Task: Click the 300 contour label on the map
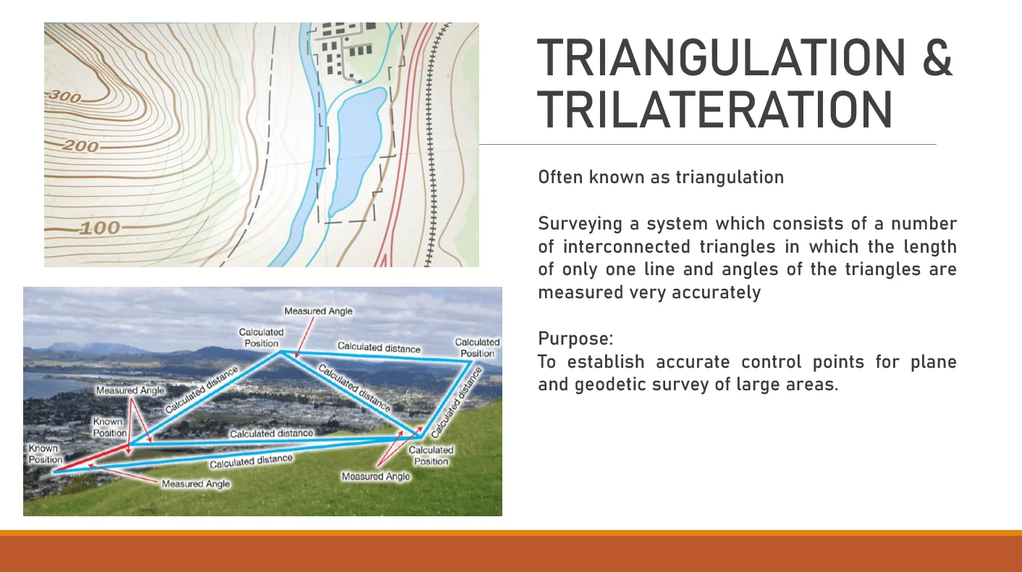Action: point(64,96)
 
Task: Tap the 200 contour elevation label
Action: point(80,146)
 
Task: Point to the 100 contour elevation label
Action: point(100,228)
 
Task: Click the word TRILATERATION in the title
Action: point(715,109)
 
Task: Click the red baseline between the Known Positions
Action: point(91,458)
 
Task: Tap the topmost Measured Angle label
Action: point(318,311)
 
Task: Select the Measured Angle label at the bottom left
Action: point(195,484)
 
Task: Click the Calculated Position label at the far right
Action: point(477,348)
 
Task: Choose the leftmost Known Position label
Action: point(45,454)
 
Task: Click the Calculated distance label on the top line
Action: point(379,348)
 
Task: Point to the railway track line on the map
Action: point(431,144)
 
